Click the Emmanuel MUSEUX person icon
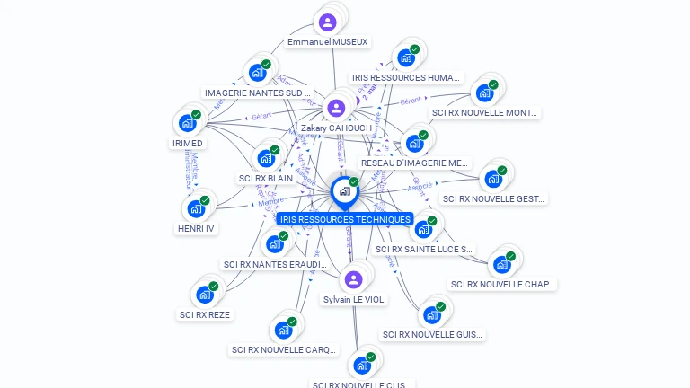(x=328, y=22)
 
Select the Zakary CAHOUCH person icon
(x=336, y=109)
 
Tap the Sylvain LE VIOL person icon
(x=353, y=279)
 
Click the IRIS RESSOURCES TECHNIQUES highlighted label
(x=345, y=219)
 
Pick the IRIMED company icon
(x=187, y=123)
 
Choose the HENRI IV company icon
(x=196, y=209)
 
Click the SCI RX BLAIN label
(x=266, y=178)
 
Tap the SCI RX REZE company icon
(x=205, y=295)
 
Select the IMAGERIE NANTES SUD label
(x=257, y=93)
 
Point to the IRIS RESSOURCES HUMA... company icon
(x=406, y=58)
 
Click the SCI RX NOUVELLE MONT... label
(x=485, y=113)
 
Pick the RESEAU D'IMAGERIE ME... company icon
(x=414, y=144)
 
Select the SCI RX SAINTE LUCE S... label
(x=423, y=249)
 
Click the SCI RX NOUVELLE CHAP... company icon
(x=501, y=265)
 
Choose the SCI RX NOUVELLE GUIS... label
(x=433, y=335)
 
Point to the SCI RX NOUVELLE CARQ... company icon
(x=283, y=330)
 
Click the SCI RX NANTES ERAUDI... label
(x=275, y=264)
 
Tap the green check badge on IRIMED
(x=196, y=115)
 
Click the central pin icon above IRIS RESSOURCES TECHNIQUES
(x=344, y=191)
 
